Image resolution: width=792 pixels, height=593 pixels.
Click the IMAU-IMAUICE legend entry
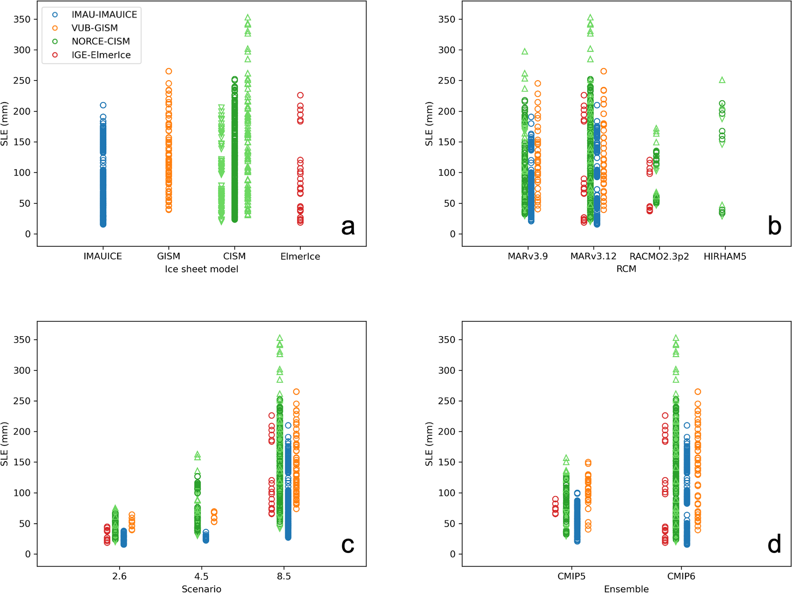[x=104, y=15]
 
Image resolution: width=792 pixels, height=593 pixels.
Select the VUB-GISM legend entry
[x=94, y=28]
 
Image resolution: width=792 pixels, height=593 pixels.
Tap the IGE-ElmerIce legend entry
[x=101, y=55]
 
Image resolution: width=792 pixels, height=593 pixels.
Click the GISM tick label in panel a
[x=169, y=256]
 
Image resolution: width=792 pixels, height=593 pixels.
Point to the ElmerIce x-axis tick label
[x=300, y=256]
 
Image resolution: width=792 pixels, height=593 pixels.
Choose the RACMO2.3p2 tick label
[x=659, y=256]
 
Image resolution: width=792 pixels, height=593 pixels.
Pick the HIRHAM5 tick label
[x=725, y=256]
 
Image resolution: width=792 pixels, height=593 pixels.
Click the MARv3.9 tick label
[x=528, y=256]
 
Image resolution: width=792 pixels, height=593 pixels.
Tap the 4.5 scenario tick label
[x=202, y=576]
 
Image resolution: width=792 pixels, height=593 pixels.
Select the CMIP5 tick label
[x=571, y=576]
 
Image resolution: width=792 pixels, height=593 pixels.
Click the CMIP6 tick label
[x=681, y=576]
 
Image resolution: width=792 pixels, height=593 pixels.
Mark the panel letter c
[x=348, y=545]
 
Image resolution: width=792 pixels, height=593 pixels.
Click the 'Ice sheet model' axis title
[x=202, y=269]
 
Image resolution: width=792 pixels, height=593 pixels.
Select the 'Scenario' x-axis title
[x=202, y=589]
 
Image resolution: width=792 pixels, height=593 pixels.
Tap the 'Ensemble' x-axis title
[x=626, y=589]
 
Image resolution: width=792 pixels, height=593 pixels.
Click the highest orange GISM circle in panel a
[x=169, y=71]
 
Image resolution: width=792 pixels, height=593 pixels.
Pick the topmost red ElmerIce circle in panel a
[x=300, y=95]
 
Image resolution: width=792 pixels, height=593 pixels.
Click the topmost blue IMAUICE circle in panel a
[x=103, y=105]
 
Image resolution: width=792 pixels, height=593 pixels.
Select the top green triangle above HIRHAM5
[x=722, y=80]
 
